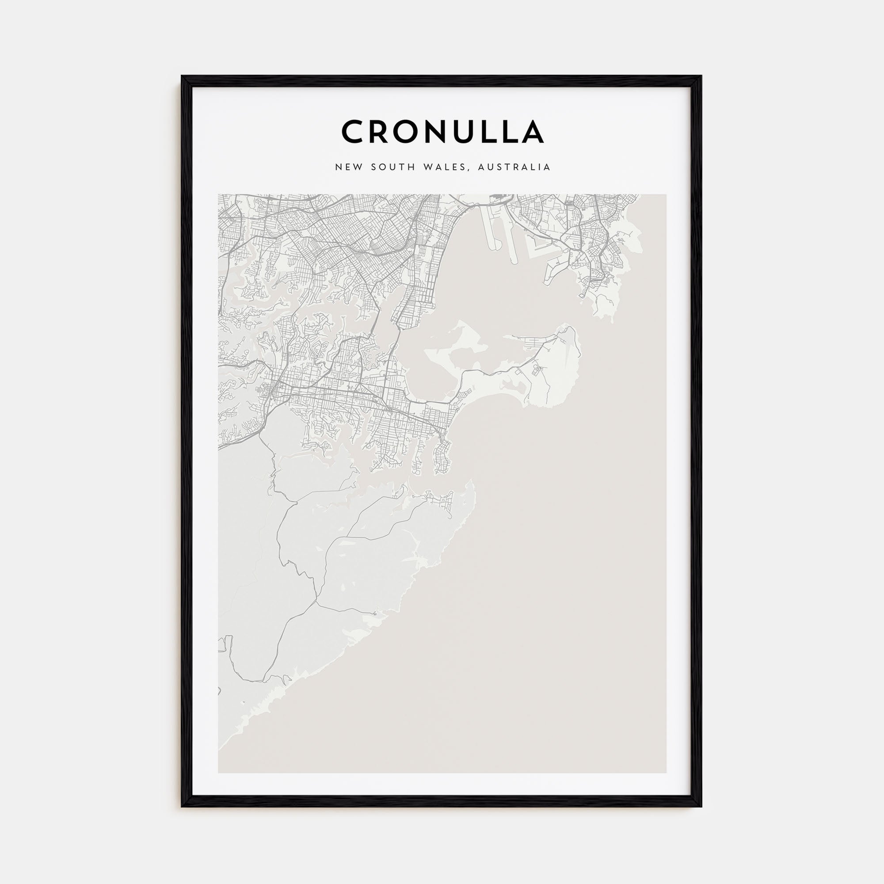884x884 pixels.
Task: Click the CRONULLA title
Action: pyautogui.click(x=442, y=132)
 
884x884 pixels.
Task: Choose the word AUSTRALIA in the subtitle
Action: pyautogui.click(x=514, y=168)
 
